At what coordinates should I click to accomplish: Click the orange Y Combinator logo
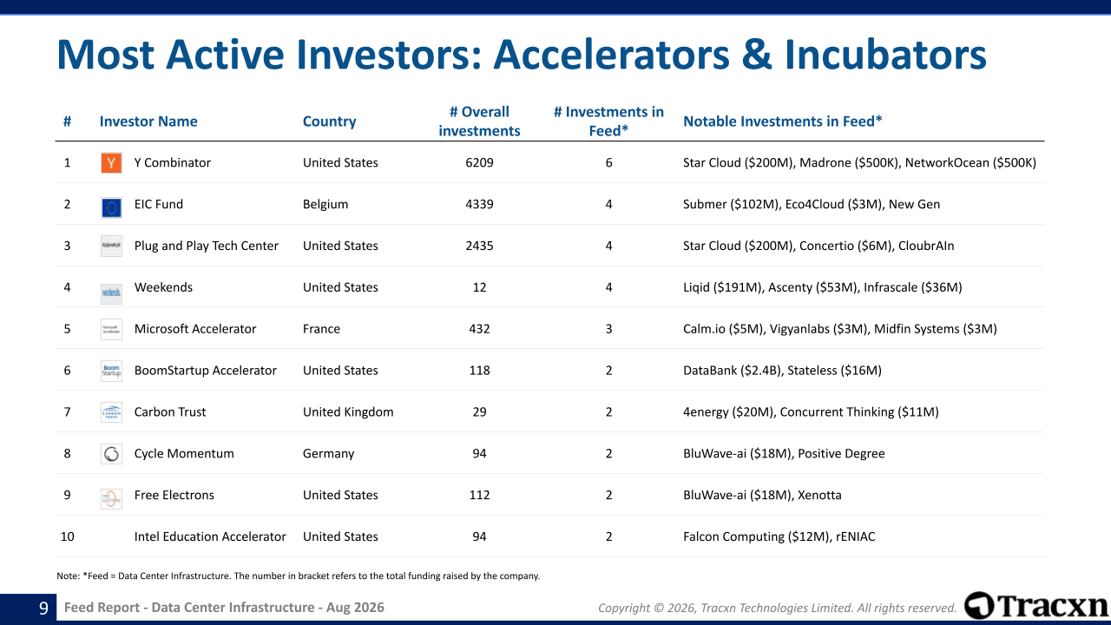(x=111, y=162)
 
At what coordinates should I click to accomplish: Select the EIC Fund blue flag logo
(x=111, y=207)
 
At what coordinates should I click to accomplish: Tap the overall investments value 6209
(x=479, y=162)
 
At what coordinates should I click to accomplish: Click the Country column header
(x=329, y=122)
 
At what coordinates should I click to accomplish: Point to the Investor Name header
(x=148, y=122)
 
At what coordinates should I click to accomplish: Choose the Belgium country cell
(x=325, y=204)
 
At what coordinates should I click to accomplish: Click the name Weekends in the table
(x=163, y=287)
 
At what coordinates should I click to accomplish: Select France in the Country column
(x=321, y=329)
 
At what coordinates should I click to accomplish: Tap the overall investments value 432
(x=479, y=329)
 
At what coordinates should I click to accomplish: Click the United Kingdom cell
(x=348, y=412)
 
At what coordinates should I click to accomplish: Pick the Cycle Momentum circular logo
(x=111, y=454)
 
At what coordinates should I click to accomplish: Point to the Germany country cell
(x=328, y=454)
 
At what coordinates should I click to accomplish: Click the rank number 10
(x=67, y=536)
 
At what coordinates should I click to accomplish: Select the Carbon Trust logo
(x=111, y=412)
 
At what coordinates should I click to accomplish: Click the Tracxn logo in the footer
(x=1036, y=606)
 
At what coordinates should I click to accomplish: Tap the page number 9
(x=43, y=609)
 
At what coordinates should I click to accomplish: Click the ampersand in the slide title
(x=757, y=54)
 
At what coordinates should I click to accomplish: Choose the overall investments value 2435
(x=479, y=246)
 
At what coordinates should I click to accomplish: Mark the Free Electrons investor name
(x=174, y=495)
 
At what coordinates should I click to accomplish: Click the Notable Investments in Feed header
(x=783, y=122)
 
